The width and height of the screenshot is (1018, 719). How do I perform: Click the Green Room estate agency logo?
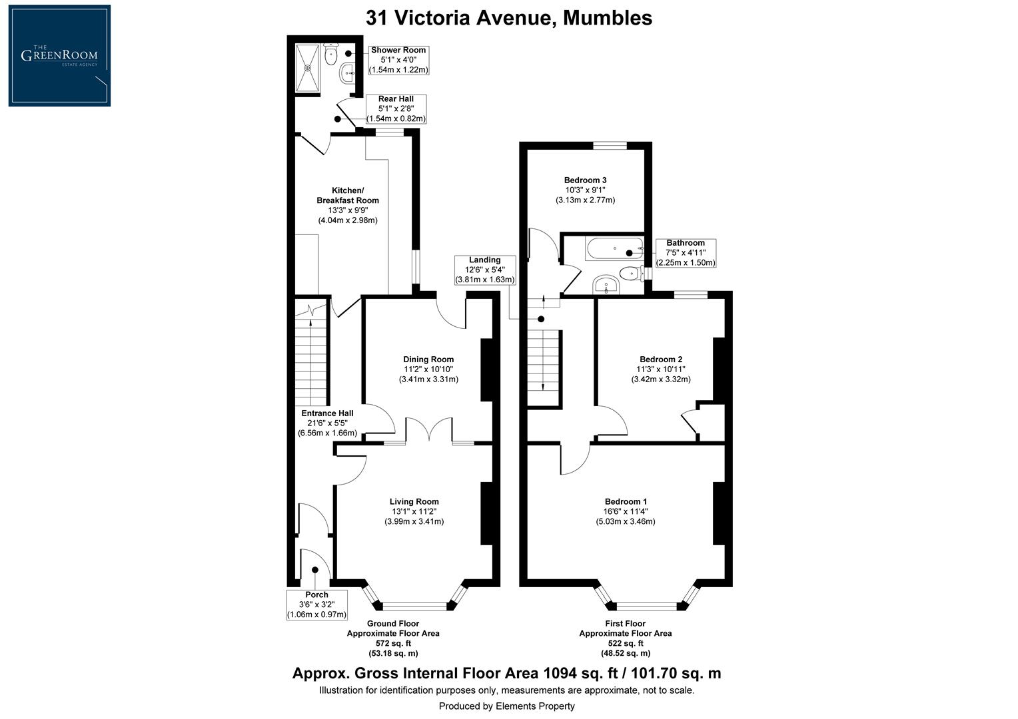coord(59,55)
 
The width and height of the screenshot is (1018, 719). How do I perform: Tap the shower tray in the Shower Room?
coord(308,67)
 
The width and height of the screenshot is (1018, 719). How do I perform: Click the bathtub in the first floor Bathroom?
coord(614,249)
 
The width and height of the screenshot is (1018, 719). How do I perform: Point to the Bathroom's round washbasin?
coord(606,284)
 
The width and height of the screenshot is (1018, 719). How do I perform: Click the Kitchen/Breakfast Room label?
coord(347,195)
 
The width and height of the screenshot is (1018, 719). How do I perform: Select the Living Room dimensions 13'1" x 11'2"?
coord(414,511)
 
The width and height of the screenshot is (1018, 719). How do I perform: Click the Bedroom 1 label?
coord(625,501)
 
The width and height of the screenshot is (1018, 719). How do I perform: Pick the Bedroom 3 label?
coord(585,180)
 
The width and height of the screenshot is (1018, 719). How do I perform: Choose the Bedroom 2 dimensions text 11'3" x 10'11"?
coord(660,369)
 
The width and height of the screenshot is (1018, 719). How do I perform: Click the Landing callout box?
coord(484,270)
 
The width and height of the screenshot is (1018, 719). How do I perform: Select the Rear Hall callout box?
coord(396,109)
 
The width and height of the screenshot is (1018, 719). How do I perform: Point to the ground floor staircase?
coord(311,359)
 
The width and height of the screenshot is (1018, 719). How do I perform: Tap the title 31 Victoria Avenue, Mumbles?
coord(508,18)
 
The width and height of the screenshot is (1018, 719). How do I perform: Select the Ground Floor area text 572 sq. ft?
coord(392,643)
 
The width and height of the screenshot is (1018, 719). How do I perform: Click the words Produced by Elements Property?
coord(506,706)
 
